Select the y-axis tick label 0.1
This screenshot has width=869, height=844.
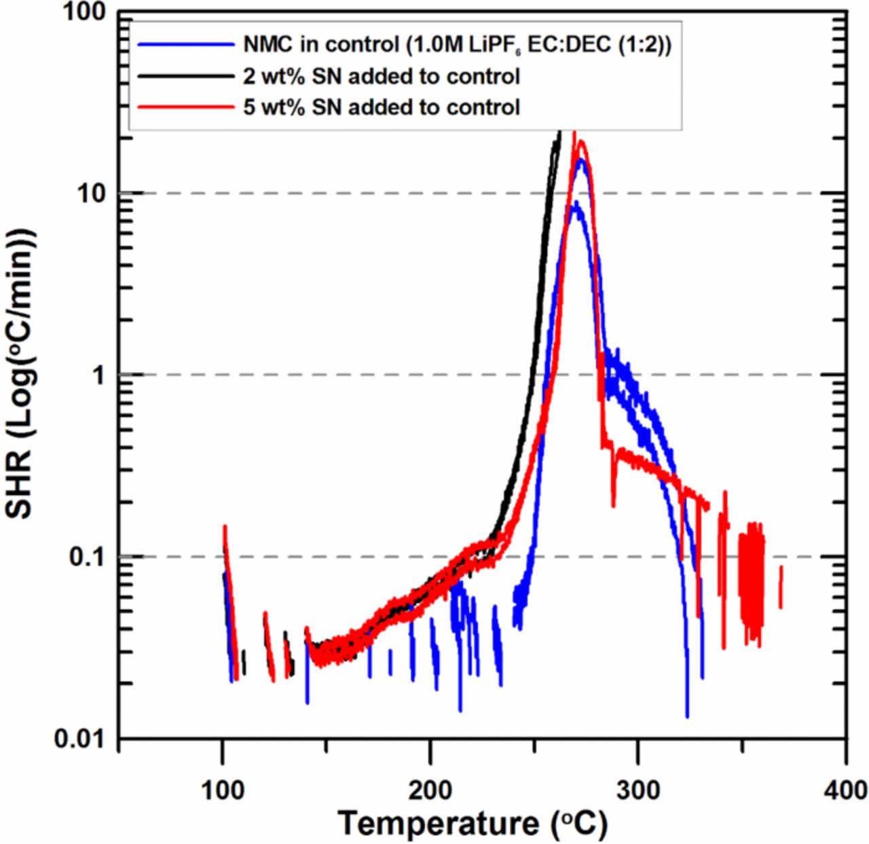[89, 557]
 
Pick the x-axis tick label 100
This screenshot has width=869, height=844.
[223, 790]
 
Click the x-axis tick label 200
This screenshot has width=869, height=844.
[430, 790]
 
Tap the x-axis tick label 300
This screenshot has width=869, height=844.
[638, 790]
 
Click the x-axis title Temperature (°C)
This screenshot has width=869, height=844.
[473, 824]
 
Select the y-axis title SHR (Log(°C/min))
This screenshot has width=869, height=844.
[20, 373]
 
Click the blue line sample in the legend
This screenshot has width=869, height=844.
[185, 45]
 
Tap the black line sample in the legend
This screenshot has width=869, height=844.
[185, 76]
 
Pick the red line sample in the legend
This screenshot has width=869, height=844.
[185, 107]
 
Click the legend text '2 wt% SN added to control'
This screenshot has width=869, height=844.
[382, 76]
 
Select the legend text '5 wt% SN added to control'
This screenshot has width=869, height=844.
[382, 107]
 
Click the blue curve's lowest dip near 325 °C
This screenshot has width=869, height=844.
[687, 714]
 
